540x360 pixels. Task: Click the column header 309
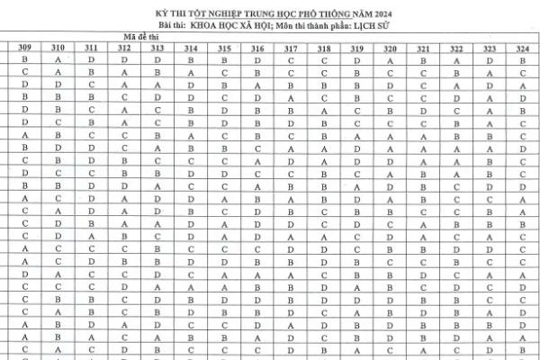(25, 48)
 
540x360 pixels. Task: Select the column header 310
(58, 48)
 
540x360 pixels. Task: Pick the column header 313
(157, 48)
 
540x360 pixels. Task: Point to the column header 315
(224, 48)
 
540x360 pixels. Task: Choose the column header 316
(257, 48)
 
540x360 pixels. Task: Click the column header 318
(324, 48)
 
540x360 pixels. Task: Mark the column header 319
(357, 48)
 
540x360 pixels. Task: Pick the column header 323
(490, 48)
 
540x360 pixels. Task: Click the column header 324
(523, 48)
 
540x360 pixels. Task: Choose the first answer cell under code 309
(25, 59)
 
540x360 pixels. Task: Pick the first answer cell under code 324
(523, 59)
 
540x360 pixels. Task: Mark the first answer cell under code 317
(291, 59)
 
